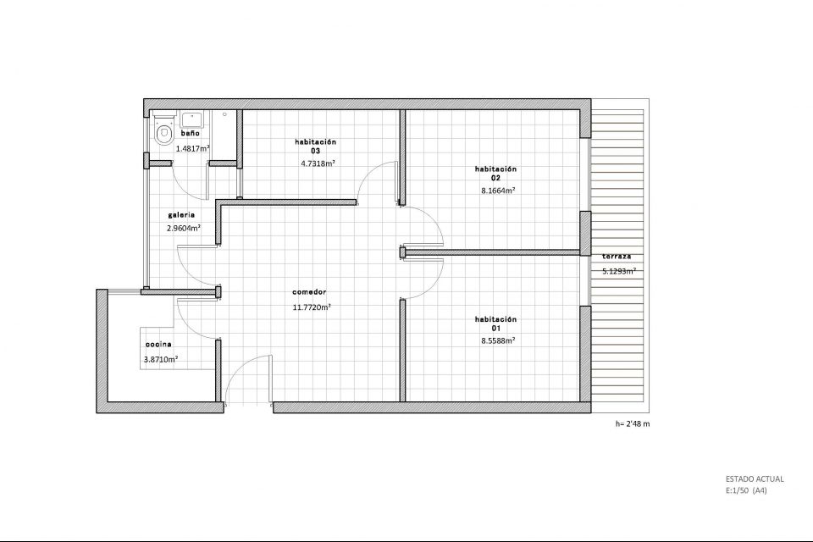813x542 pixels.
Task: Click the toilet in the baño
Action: (164, 130)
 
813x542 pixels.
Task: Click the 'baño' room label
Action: (191, 133)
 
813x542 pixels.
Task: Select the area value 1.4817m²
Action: (193, 148)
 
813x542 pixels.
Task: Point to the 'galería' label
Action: (181, 215)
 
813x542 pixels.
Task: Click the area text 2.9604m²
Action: (184, 228)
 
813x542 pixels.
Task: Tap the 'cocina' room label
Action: (158, 345)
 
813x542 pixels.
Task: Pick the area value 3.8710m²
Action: (161, 359)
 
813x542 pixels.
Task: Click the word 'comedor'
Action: (309, 292)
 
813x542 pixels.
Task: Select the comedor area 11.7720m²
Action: (312, 307)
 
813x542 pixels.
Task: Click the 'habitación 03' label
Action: (315, 147)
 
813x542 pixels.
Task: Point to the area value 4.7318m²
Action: (318, 163)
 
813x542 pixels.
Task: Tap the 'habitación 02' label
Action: (495, 174)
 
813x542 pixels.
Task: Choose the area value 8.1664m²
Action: (498, 191)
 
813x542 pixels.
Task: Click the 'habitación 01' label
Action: (495, 324)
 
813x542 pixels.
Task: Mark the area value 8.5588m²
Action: (498, 340)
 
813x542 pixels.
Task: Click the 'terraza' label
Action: (617, 257)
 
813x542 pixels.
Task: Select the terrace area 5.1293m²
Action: (619, 271)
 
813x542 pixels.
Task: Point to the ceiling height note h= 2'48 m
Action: (633, 423)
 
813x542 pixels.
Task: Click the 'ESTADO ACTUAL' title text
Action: (755, 479)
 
